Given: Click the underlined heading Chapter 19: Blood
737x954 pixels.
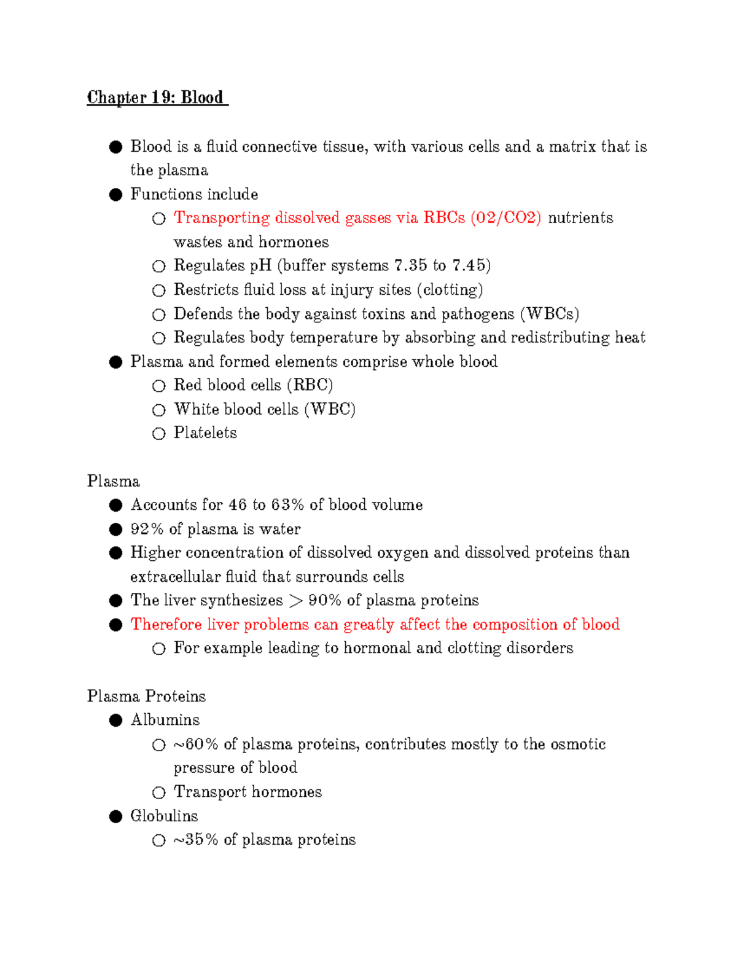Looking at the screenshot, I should (157, 98).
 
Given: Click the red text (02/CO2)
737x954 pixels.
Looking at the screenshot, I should (505, 218).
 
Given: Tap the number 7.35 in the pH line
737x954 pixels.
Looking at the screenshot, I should (410, 265).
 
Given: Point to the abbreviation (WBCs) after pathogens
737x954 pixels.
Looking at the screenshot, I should (550, 314).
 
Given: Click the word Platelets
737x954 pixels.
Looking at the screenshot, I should (205, 433).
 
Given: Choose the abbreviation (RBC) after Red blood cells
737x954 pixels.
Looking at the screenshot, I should (310, 385).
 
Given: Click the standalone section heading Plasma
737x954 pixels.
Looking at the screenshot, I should (113, 481).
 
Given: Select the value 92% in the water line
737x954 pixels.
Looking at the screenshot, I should (147, 529).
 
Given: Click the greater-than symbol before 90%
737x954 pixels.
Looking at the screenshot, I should (295, 601).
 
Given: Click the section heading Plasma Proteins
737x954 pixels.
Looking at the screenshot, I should (146, 696).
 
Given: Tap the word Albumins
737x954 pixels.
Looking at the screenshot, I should (165, 720).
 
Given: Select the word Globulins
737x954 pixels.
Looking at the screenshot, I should (164, 816).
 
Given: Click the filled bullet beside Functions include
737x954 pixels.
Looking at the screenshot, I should (116, 195).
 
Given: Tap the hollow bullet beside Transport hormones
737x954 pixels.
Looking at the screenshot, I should (159, 792).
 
